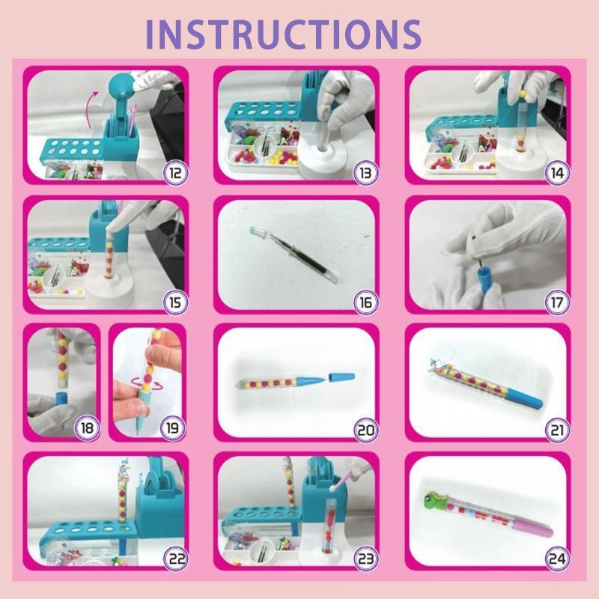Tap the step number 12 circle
click(176, 173)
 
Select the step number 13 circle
click(365, 173)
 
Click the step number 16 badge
click(365, 302)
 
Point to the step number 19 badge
click(172, 429)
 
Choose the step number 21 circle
click(557, 430)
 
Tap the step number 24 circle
click(557, 559)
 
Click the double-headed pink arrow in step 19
click(144, 384)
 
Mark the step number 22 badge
click(176, 559)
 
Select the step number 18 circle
click(87, 429)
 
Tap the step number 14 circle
click(557, 173)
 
